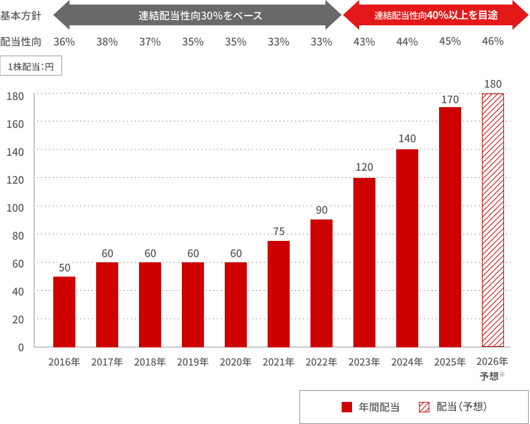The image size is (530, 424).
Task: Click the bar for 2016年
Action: pos(64,312)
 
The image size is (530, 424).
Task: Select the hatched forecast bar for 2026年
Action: pos(493,220)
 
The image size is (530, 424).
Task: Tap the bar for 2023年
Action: pos(364,262)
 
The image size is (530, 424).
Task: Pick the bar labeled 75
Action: pos(279,294)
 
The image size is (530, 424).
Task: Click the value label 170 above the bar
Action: pos(450,99)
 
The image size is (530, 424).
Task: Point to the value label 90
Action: pos(322,210)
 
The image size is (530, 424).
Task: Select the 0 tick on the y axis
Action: pos(21,347)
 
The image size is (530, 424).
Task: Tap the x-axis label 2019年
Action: pos(193,362)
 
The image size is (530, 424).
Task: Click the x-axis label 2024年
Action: pos(407,362)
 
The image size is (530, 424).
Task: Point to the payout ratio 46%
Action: pos(493,42)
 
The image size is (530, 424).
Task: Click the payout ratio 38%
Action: pos(107,42)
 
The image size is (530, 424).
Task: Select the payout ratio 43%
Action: pos(364,42)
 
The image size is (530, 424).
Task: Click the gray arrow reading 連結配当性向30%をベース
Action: pos(197,16)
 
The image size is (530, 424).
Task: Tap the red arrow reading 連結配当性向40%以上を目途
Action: pos(436,16)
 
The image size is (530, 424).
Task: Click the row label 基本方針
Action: pos(21,16)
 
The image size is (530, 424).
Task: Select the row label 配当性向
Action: pos(21,42)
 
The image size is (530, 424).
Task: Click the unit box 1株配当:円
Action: pos(31,67)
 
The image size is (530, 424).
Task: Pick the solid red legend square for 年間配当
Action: pos(346,407)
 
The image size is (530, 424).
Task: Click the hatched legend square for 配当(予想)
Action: pos(424,407)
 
